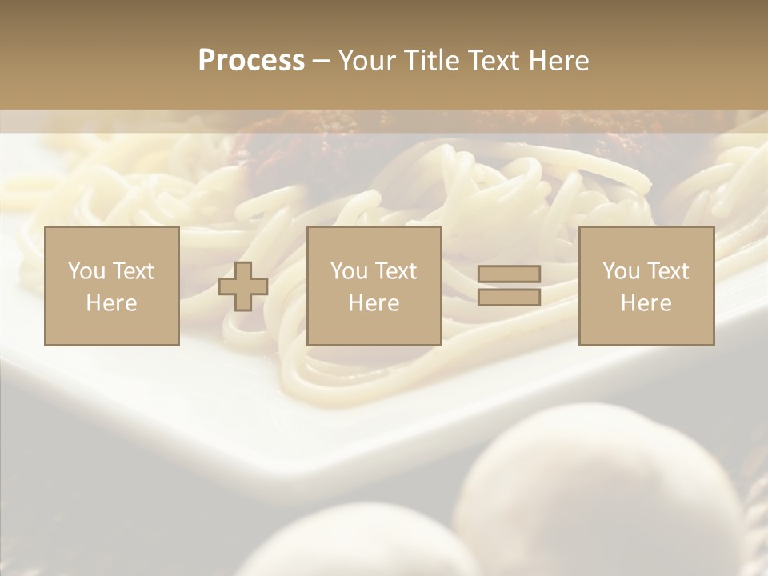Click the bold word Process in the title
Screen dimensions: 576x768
click(251, 61)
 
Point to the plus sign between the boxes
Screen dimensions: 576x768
click(243, 286)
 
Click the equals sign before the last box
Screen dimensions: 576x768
click(509, 286)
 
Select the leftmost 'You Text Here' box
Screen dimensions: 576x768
click(112, 286)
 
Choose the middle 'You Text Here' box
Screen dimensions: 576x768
click(374, 286)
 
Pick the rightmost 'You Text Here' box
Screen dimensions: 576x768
click(646, 286)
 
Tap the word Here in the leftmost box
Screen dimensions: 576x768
click(112, 303)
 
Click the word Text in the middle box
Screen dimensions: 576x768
click(396, 271)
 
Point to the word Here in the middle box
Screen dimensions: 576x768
click(374, 303)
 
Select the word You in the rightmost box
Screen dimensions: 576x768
click(621, 271)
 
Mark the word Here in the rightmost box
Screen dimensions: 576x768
click(646, 303)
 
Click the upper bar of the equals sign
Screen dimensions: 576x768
click(509, 274)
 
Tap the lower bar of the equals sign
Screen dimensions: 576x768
click(509, 298)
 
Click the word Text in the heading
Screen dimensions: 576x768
click(491, 61)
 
